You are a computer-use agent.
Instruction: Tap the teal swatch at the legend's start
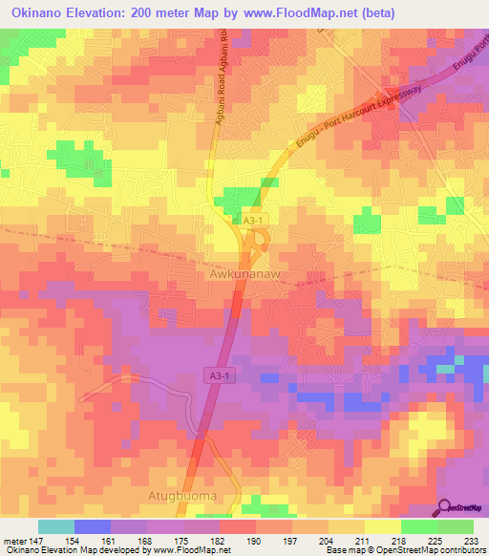click(x=55, y=526)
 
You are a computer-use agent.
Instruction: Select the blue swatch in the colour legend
click(x=92, y=526)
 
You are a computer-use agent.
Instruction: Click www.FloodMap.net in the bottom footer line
click(x=186, y=550)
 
